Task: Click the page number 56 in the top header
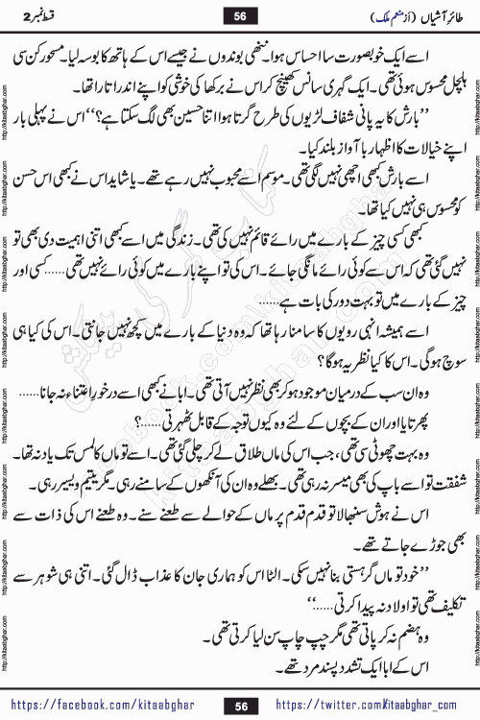click(241, 13)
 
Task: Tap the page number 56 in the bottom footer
click(241, 706)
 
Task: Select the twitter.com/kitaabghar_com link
click(370, 706)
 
